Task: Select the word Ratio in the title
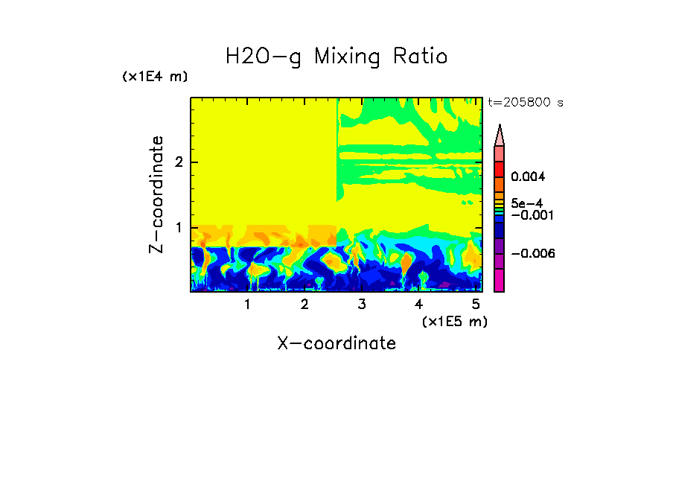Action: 421,57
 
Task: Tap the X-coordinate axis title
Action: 336,343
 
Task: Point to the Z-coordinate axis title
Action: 156,194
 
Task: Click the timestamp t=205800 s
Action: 525,103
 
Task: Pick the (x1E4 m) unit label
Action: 155,77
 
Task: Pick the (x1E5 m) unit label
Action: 454,321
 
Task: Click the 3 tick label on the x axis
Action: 361,305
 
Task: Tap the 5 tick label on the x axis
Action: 476,305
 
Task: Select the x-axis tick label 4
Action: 418,305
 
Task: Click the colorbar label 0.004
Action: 528,177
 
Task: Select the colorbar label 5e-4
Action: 526,203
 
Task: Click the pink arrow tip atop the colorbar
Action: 499,135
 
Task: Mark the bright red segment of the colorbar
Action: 499,169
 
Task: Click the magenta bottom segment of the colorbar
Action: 499,280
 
